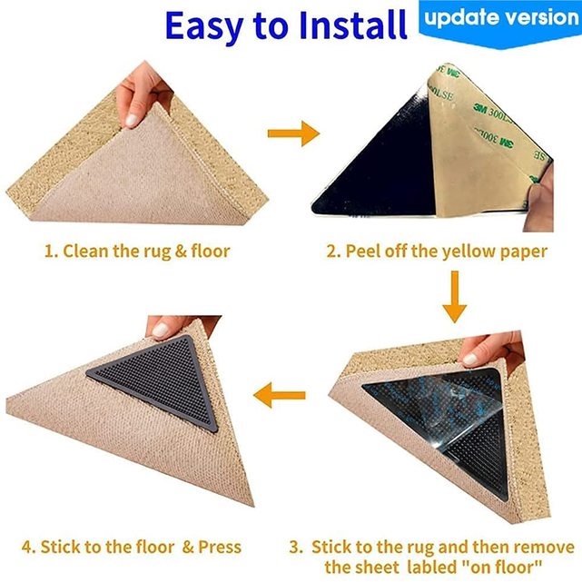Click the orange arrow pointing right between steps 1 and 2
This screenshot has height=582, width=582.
(x=292, y=134)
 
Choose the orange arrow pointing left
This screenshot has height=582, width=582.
(x=279, y=395)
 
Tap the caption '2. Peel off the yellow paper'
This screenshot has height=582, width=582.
(x=437, y=251)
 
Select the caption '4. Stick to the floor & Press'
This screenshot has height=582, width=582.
(x=132, y=547)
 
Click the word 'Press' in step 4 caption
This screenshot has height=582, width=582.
(x=220, y=547)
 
